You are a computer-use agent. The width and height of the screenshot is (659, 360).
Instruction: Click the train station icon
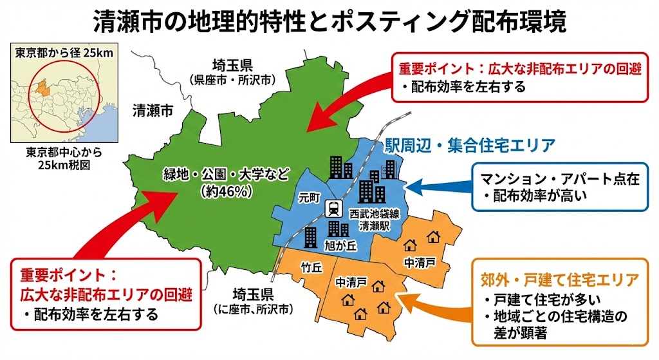pos(333,209)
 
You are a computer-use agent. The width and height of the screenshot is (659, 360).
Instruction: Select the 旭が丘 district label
pos(336,245)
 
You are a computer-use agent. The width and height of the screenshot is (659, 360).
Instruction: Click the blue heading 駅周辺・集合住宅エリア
pos(469,146)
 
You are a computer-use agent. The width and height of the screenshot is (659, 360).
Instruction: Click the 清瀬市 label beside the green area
pos(153,110)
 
